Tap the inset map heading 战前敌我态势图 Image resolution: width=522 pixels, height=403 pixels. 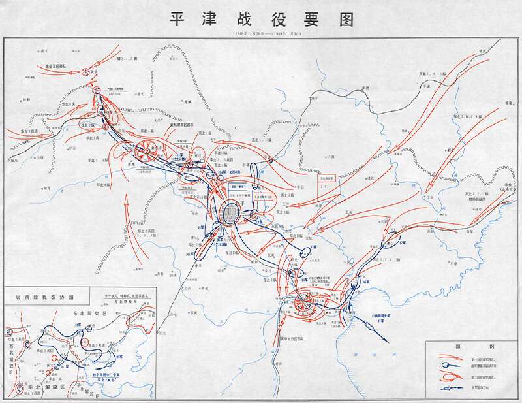coord(40,296)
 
